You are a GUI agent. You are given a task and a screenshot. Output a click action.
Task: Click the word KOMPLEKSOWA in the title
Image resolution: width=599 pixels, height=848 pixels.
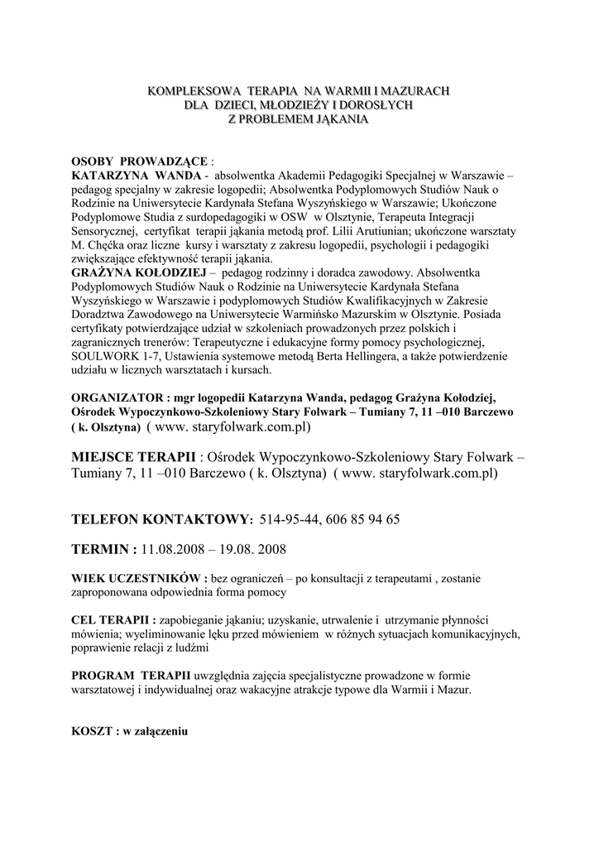(x=182, y=89)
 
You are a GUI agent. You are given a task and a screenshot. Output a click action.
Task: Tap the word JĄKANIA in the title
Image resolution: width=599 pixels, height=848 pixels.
(x=339, y=119)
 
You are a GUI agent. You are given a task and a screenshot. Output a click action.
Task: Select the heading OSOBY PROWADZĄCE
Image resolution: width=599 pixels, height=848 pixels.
(x=141, y=161)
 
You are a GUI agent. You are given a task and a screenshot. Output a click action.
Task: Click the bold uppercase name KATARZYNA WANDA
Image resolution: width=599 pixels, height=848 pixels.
(x=137, y=176)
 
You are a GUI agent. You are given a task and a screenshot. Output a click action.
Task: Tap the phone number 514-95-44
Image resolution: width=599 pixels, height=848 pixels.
(x=287, y=519)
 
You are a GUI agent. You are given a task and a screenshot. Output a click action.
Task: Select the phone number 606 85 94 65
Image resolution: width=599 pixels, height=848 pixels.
(x=363, y=519)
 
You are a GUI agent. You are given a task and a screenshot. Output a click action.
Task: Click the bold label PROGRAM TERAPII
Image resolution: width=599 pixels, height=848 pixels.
(x=131, y=676)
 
